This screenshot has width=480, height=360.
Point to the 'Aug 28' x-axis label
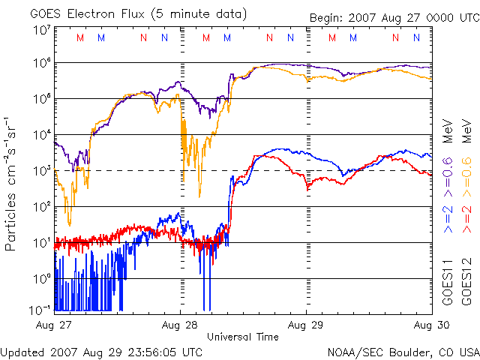[180, 325]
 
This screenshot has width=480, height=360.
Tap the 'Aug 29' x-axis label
[306, 325]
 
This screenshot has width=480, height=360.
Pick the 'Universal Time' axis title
[243, 337]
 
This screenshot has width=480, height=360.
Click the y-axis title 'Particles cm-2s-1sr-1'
[12, 183]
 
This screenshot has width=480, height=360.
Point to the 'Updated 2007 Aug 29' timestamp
[101, 351]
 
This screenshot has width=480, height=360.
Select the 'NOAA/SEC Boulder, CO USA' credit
[403, 351]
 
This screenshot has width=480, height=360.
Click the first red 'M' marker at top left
[81, 37]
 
